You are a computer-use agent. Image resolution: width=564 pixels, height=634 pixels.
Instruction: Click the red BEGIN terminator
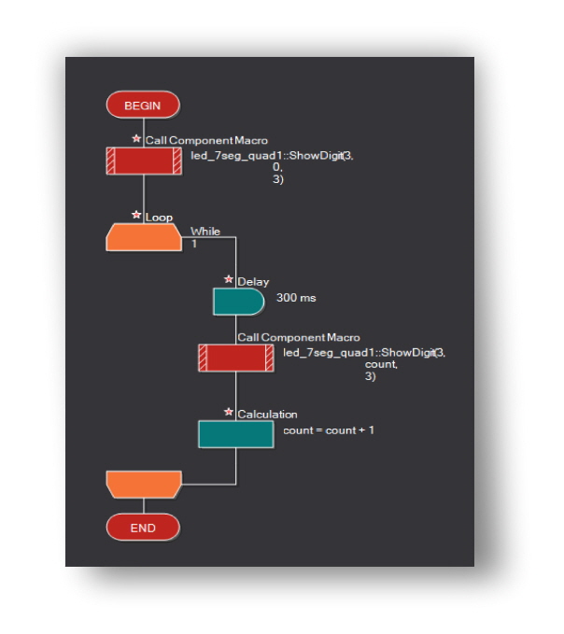click(x=142, y=106)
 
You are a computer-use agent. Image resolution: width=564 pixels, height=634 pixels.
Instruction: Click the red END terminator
click(x=142, y=528)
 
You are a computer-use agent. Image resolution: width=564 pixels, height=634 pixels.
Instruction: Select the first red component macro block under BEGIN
click(x=143, y=162)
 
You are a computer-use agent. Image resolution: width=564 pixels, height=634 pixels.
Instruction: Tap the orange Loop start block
click(x=143, y=237)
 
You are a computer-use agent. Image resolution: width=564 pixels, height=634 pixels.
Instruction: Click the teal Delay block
click(x=238, y=301)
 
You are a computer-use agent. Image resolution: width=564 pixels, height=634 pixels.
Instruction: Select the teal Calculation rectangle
click(x=236, y=433)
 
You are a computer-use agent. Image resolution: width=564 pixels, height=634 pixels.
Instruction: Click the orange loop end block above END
click(x=143, y=485)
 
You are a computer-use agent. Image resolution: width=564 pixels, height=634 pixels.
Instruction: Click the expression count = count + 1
click(x=328, y=430)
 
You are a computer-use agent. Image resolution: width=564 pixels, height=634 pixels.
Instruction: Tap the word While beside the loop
click(x=205, y=231)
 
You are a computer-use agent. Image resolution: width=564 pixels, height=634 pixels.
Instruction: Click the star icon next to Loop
click(x=136, y=215)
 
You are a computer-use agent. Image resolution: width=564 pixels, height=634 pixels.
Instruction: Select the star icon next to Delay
click(x=229, y=279)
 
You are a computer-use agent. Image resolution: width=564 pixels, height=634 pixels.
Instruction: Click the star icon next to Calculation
click(x=229, y=412)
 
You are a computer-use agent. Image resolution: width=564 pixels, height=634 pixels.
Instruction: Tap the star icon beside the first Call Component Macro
click(x=136, y=138)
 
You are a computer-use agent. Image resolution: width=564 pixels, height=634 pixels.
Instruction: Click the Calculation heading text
click(x=267, y=414)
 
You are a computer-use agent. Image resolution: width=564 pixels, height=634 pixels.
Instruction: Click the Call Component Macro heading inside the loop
click(x=298, y=337)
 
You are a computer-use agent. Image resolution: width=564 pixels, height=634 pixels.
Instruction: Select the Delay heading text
click(x=253, y=281)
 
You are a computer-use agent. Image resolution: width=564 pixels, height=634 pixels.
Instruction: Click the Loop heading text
click(x=159, y=218)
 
